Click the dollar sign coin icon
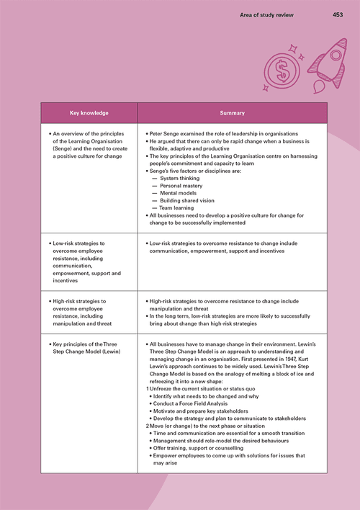278,71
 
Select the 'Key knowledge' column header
89,113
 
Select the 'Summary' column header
232,113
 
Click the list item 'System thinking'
179,177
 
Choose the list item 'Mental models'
178,193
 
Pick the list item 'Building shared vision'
187,201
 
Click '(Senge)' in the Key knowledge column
66,148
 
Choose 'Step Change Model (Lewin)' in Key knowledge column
86,352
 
